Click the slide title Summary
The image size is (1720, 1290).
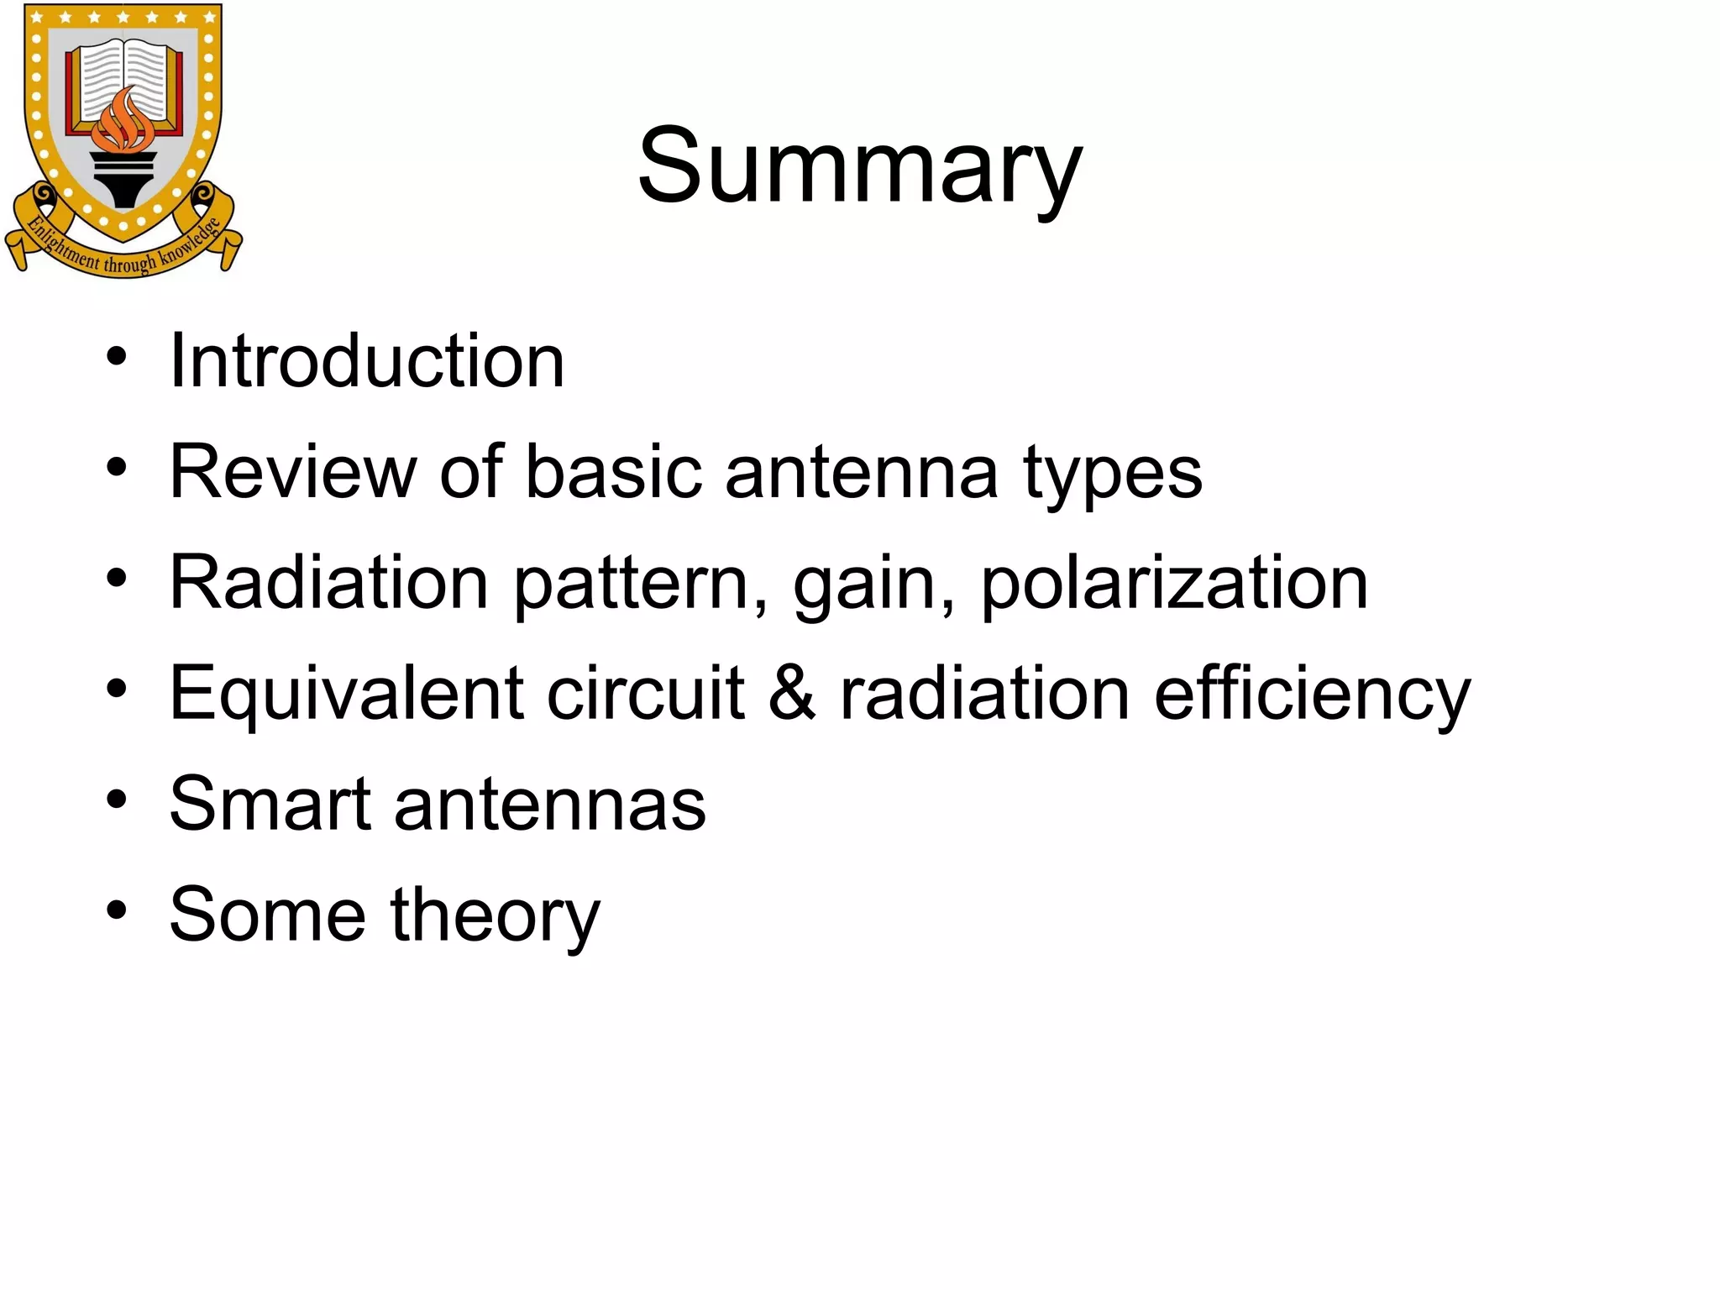click(859, 165)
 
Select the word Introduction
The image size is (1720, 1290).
click(367, 361)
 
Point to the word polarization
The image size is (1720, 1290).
click(1174, 585)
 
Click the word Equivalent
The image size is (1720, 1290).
click(347, 695)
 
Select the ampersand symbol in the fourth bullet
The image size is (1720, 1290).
click(792, 694)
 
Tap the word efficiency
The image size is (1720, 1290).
click(1312, 695)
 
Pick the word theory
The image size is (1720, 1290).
click(495, 916)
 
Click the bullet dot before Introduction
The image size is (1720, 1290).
click(117, 357)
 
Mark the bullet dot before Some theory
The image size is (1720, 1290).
click(117, 910)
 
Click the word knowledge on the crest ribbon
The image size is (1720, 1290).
click(192, 243)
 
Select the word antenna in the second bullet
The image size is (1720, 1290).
click(862, 474)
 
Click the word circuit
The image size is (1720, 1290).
click(645, 695)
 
